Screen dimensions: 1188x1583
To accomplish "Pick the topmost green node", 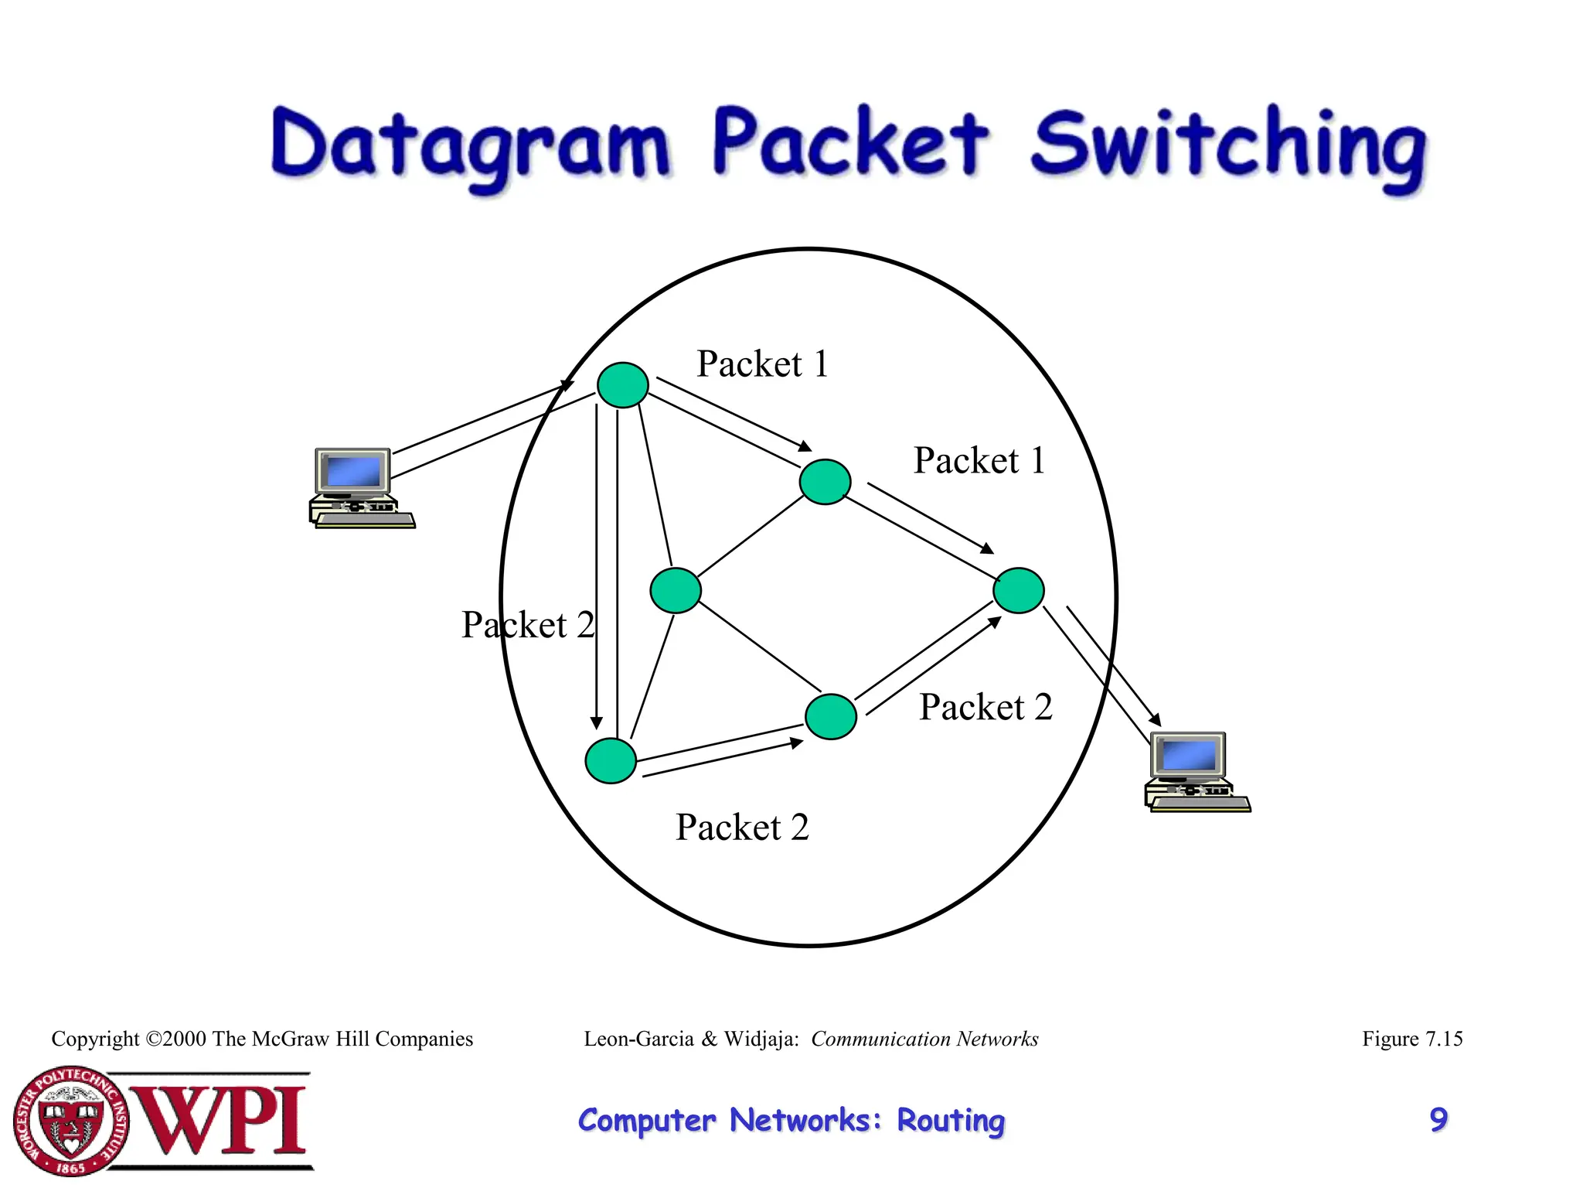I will click(x=622, y=384).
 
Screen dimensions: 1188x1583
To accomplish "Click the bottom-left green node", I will click(x=611, y=760).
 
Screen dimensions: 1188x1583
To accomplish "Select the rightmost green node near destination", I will click(x=1018, y=590).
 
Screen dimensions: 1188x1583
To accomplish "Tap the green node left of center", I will click(x=676, y=590).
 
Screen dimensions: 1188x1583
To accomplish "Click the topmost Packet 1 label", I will click(x=762, y=364).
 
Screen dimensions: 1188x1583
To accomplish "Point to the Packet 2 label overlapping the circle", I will click(x=528, y=624).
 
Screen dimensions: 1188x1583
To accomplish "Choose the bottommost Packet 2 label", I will click(x=742, y=827).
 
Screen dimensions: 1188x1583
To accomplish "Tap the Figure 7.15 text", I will click(x=1411, y=1039).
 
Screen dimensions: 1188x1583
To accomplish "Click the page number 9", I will click(x=1438, y=1119).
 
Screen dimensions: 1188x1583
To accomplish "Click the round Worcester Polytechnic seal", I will click(x=71, y=1121).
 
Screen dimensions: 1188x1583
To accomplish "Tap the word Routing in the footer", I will click(x=950, y=1120).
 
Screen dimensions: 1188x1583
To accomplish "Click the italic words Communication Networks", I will click(x=924, y=1039).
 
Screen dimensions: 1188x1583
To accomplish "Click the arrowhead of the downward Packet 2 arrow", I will click(x=596, y=722).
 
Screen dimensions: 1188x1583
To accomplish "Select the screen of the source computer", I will click(x=353, y=471).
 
